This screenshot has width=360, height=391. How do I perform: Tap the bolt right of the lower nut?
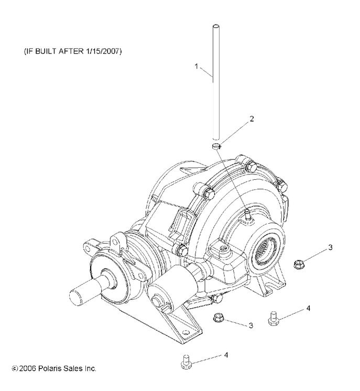[272, 317]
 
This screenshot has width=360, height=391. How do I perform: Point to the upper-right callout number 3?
[330, 246]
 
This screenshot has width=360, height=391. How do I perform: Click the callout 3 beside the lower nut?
[251, 325]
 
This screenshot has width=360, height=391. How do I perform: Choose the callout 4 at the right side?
[308, 308]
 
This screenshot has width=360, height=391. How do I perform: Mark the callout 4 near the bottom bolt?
[226, 355]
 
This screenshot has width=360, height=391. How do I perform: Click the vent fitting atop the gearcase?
[245, 213]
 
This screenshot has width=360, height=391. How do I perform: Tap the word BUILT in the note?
[44, 52]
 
